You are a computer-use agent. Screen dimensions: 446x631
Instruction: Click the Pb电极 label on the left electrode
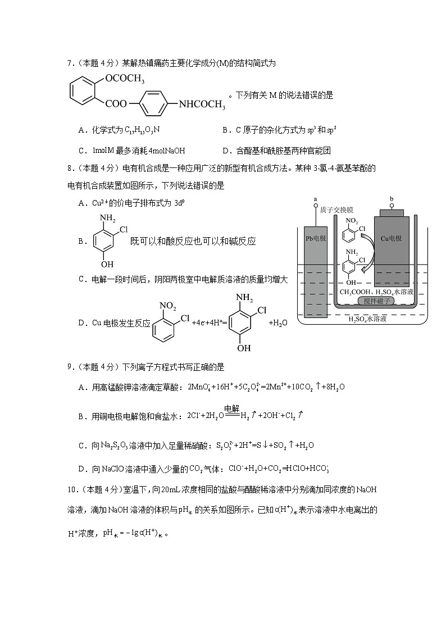tap(315, 238)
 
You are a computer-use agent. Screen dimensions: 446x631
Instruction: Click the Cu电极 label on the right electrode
tap(392, 238)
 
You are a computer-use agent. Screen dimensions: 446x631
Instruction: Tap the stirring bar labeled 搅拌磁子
tap(376, 301)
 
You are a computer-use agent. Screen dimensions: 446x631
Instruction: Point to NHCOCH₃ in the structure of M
tap(202, 104)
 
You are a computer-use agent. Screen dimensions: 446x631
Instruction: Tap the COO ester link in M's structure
tap(116, 104)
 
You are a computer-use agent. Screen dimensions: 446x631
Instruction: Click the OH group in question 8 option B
tap(107, 264)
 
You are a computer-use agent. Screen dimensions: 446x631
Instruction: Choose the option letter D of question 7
tap(225, 151)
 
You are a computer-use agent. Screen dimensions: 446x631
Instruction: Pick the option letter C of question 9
tap(82, 445)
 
